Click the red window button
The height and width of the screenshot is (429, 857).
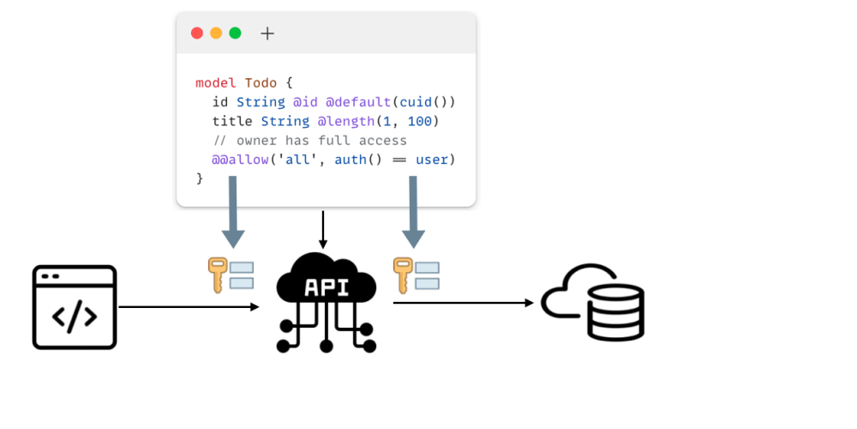(x=197, y=33)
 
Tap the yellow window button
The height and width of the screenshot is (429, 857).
(x=216, y=33)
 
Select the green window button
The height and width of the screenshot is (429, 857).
(x=235, y=33)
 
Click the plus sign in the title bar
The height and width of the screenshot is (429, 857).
(x=267, y=33)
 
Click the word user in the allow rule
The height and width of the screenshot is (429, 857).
(x=432, y=160)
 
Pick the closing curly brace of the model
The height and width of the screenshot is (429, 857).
(x=200, y=178)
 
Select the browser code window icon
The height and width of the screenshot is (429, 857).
(x=75, y=307)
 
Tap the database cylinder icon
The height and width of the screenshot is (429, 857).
(x=614, y=311)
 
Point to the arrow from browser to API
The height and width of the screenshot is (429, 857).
(x=189, y=306)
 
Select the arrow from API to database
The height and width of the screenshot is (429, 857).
(x=463, y=302)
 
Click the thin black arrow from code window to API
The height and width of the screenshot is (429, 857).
(x=323, y=229)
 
